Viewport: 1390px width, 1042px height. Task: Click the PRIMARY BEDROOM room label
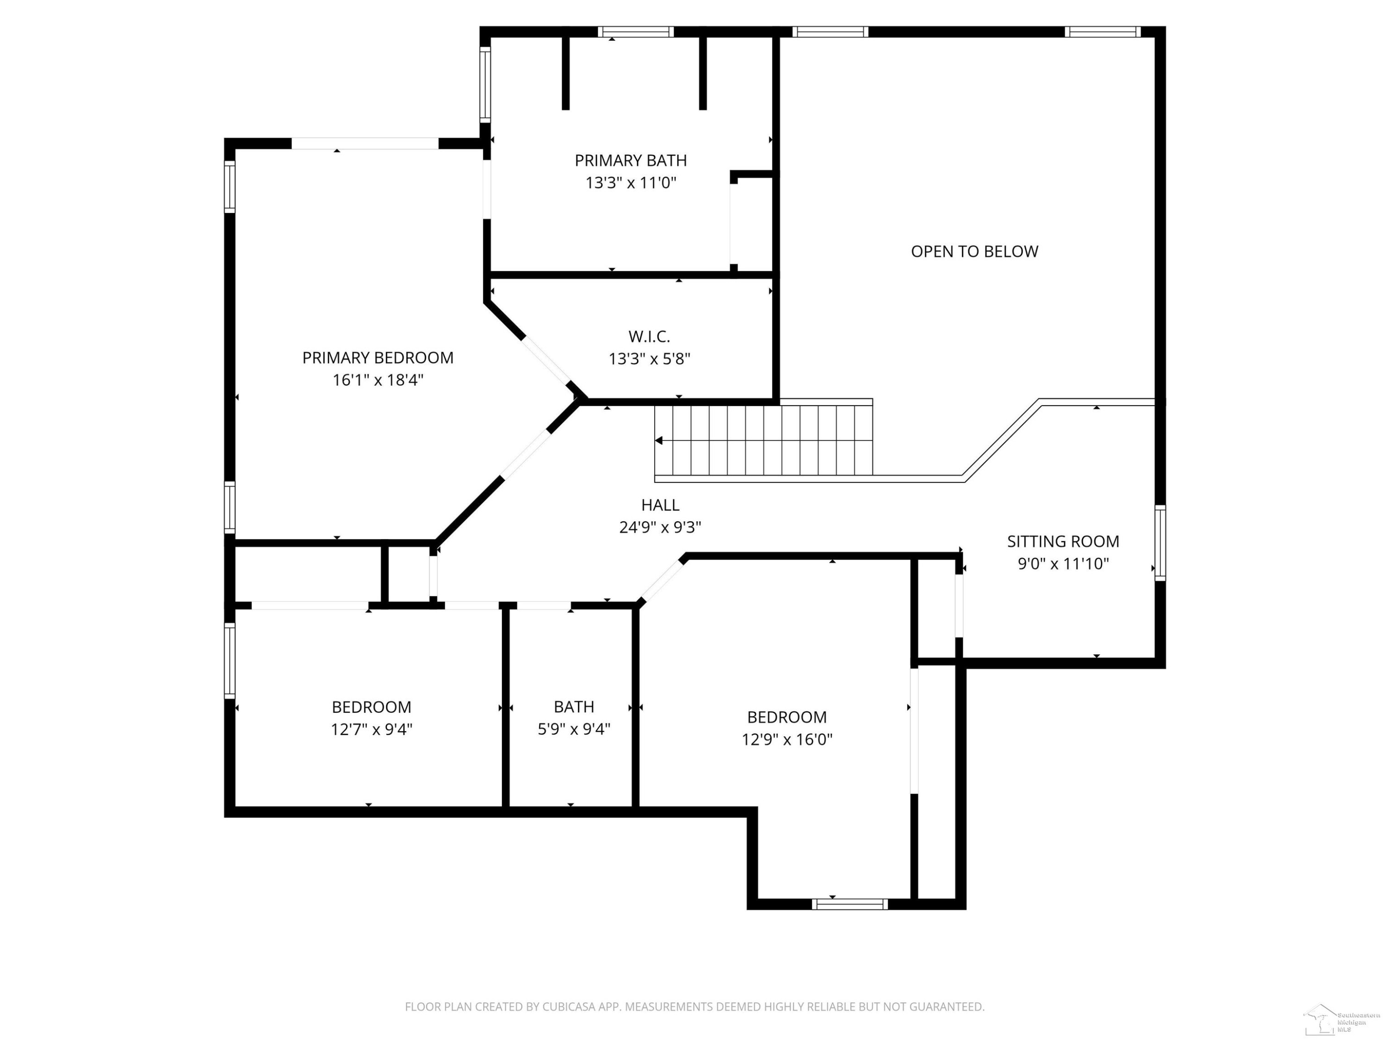pos(378,358)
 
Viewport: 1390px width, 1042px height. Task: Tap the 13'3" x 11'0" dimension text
pos(631,183)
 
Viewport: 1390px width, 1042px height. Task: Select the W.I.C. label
pos(649,337)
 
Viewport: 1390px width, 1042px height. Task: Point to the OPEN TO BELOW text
pos(975,251)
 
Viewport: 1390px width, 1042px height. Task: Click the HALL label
pos(660,505)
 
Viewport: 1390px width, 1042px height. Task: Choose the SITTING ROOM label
pos(1063,541)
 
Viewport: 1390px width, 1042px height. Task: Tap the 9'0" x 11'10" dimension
pos(1063,564)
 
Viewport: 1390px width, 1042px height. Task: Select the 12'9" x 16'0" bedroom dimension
pos(787,739)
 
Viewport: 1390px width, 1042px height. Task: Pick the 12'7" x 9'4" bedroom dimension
pos(372,729)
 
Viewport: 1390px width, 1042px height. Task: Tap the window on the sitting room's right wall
pos(1160,543)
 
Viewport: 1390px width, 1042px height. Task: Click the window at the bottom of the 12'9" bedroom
pos(850,904)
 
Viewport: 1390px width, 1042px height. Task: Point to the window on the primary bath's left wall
pos(485,85)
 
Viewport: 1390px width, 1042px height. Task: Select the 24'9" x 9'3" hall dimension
pos(660,527)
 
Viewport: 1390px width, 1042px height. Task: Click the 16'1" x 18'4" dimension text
pos(378,380)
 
